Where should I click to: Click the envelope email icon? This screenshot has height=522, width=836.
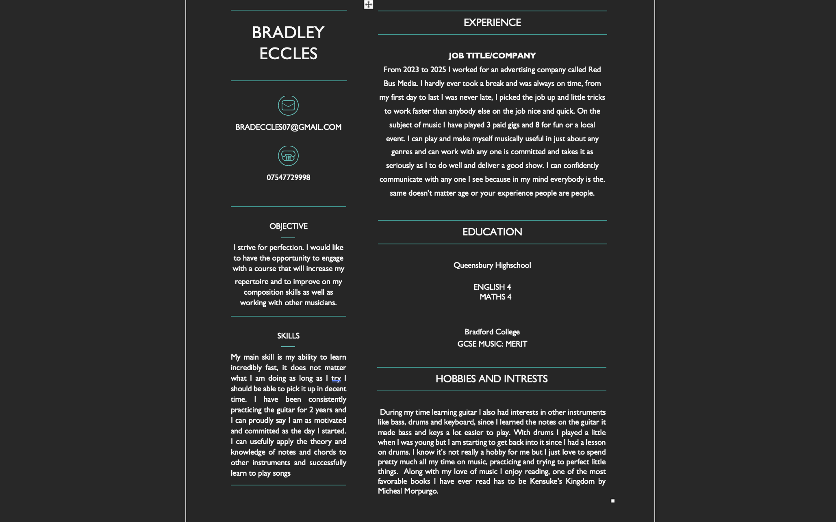(288, 106)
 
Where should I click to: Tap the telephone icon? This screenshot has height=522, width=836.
(288, 156)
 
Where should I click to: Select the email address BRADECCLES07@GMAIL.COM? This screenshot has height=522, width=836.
(288, 127)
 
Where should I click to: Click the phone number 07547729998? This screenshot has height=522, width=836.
(288, 178)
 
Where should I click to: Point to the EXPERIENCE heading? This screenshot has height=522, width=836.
(492, 23)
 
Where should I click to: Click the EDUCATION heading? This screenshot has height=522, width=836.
(492, 232)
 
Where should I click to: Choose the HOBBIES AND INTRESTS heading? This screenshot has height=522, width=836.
(491, 379)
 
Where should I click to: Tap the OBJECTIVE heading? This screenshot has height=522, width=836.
(288, 226)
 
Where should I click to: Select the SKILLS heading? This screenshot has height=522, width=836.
(288, 336)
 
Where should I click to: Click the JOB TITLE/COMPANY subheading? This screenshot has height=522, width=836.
(492, 56)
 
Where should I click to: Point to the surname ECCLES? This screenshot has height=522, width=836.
(288, 54)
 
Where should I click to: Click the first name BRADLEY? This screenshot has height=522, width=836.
(288, 33)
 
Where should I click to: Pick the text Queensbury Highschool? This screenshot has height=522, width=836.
(492, 265)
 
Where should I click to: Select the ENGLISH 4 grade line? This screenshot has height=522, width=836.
(492, 287)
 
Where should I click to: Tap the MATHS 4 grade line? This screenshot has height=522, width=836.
(495, 297)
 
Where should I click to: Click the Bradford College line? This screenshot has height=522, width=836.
(492, 332)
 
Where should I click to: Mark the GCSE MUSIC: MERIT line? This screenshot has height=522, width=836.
(492, 344)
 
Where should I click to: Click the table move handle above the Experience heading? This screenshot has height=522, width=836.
(368, 4)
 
